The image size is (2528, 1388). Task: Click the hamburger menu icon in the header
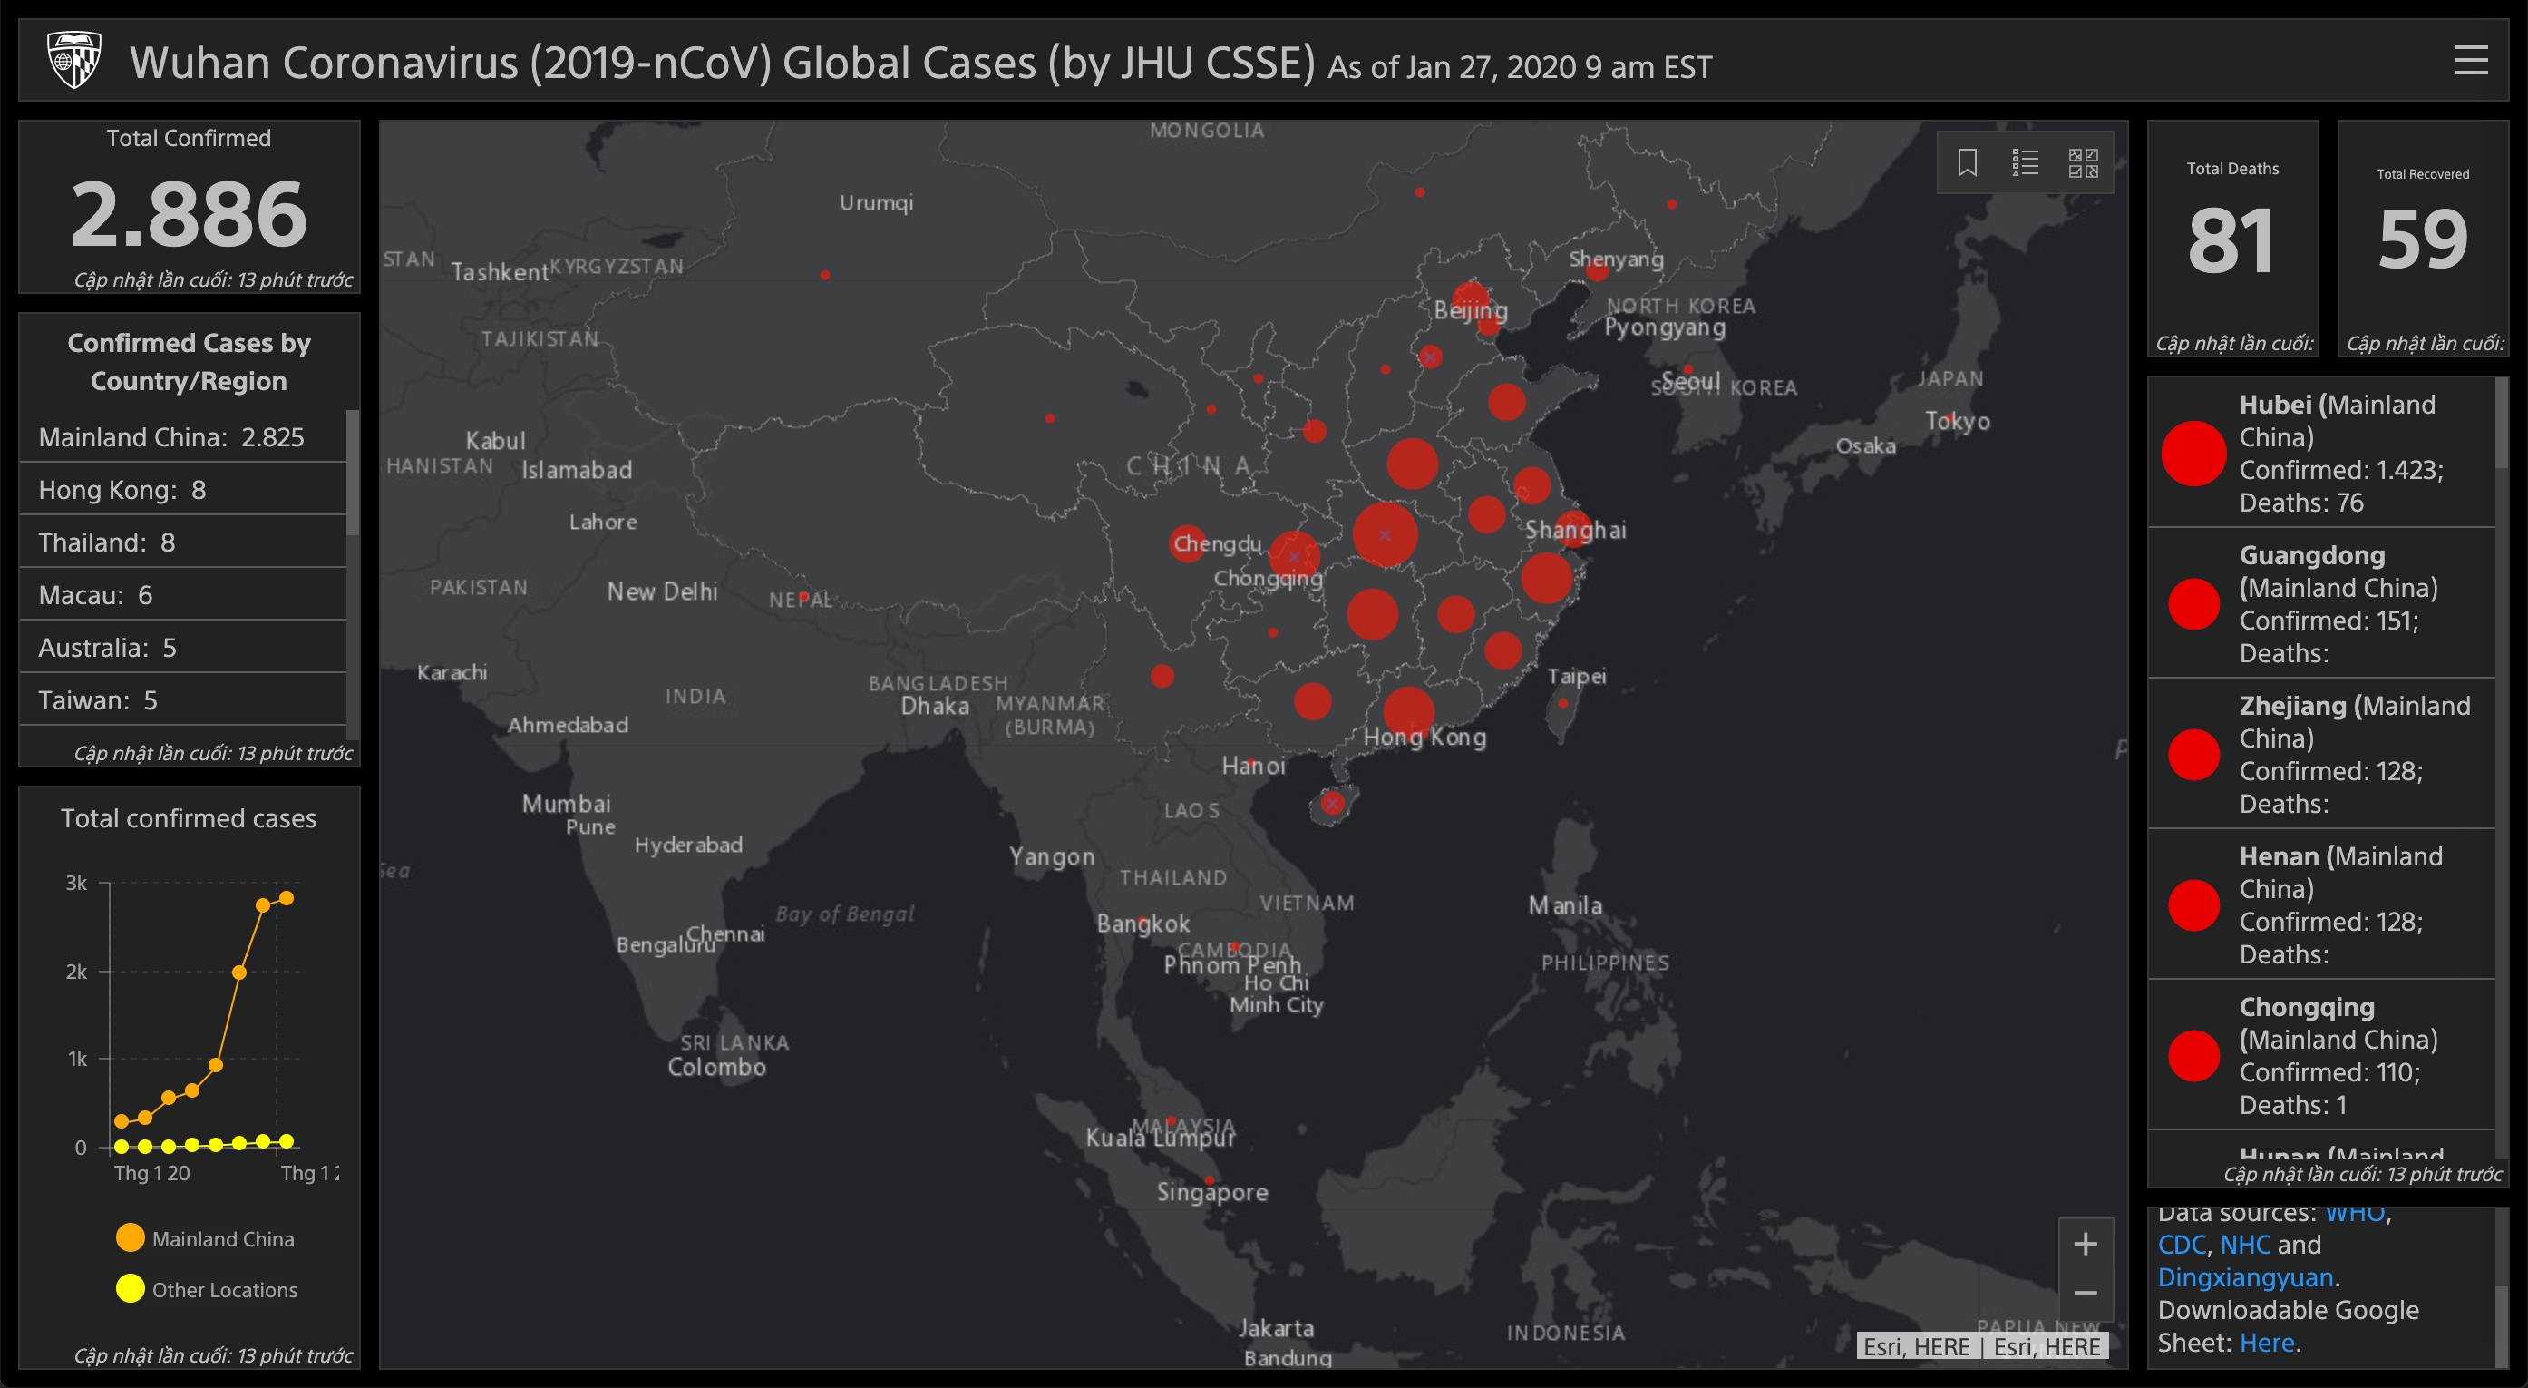2470,60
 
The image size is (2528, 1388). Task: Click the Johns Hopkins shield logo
74,60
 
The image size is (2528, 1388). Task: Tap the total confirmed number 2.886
189,214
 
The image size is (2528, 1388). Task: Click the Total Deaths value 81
2231,241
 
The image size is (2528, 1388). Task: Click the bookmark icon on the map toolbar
1967,163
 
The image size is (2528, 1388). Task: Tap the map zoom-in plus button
2085,1244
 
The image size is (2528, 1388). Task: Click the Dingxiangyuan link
2244,1277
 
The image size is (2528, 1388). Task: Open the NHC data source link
2244,1245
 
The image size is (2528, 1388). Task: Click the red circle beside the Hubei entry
2193,454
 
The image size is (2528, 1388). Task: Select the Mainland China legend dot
131,1237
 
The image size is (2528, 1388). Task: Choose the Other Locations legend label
224,1290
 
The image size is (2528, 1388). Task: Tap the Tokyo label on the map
1957,421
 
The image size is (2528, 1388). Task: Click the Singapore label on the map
1212,1193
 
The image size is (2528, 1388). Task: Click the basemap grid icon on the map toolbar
2083,163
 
